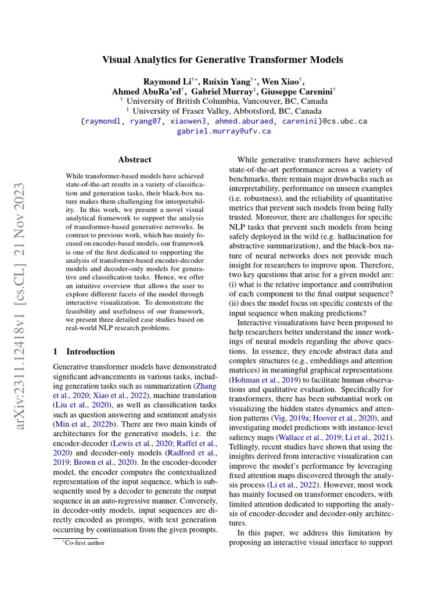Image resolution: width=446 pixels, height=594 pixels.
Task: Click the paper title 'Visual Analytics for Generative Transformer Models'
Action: pos(223,60)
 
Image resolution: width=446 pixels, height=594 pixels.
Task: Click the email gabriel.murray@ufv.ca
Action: pos(224,132)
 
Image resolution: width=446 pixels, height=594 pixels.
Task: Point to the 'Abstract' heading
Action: pos(135,160)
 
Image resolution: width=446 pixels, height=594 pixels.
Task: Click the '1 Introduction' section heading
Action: pos(84,352)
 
